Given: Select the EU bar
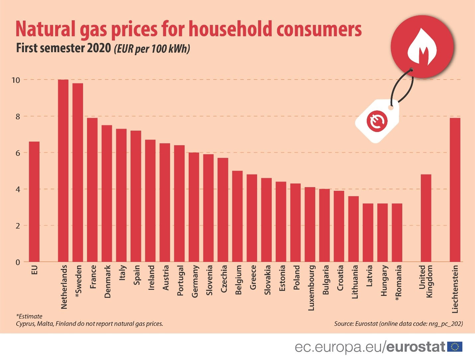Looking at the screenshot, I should pyautogui.click(x=34, y=202).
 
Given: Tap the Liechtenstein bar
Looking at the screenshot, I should pyautogui.click(x=455, y=190).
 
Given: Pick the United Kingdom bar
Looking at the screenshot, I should pyautogui.click(x=426, y=218).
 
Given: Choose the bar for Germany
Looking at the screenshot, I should pyautogui.click(x=194, y=207).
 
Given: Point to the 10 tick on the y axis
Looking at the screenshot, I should pyautogui.click(x=16, y=80).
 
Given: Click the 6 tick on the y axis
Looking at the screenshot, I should pyautogui.click(x=18, y=153).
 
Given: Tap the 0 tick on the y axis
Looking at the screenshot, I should pyautogui.click(x=18, y=262).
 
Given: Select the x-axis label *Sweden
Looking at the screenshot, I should pyautogui.click(x=78, y=281).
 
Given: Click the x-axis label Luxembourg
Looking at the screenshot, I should pyautogui.click(x=311, y=288).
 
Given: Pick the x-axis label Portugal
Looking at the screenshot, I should pyautogui.click(x=180, y=280).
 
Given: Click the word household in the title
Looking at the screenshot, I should pyautogui.click(x=231, y=29).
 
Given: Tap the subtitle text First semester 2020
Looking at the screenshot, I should pyautogui.click(x=63, y=48).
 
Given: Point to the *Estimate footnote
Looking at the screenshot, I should pyautogui.click(x=29, y=316).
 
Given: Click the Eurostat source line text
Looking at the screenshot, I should pyautogui.click(x=398, y=323).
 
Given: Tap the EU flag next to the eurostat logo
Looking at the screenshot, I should pyautogui.click(x=455, y=347).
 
